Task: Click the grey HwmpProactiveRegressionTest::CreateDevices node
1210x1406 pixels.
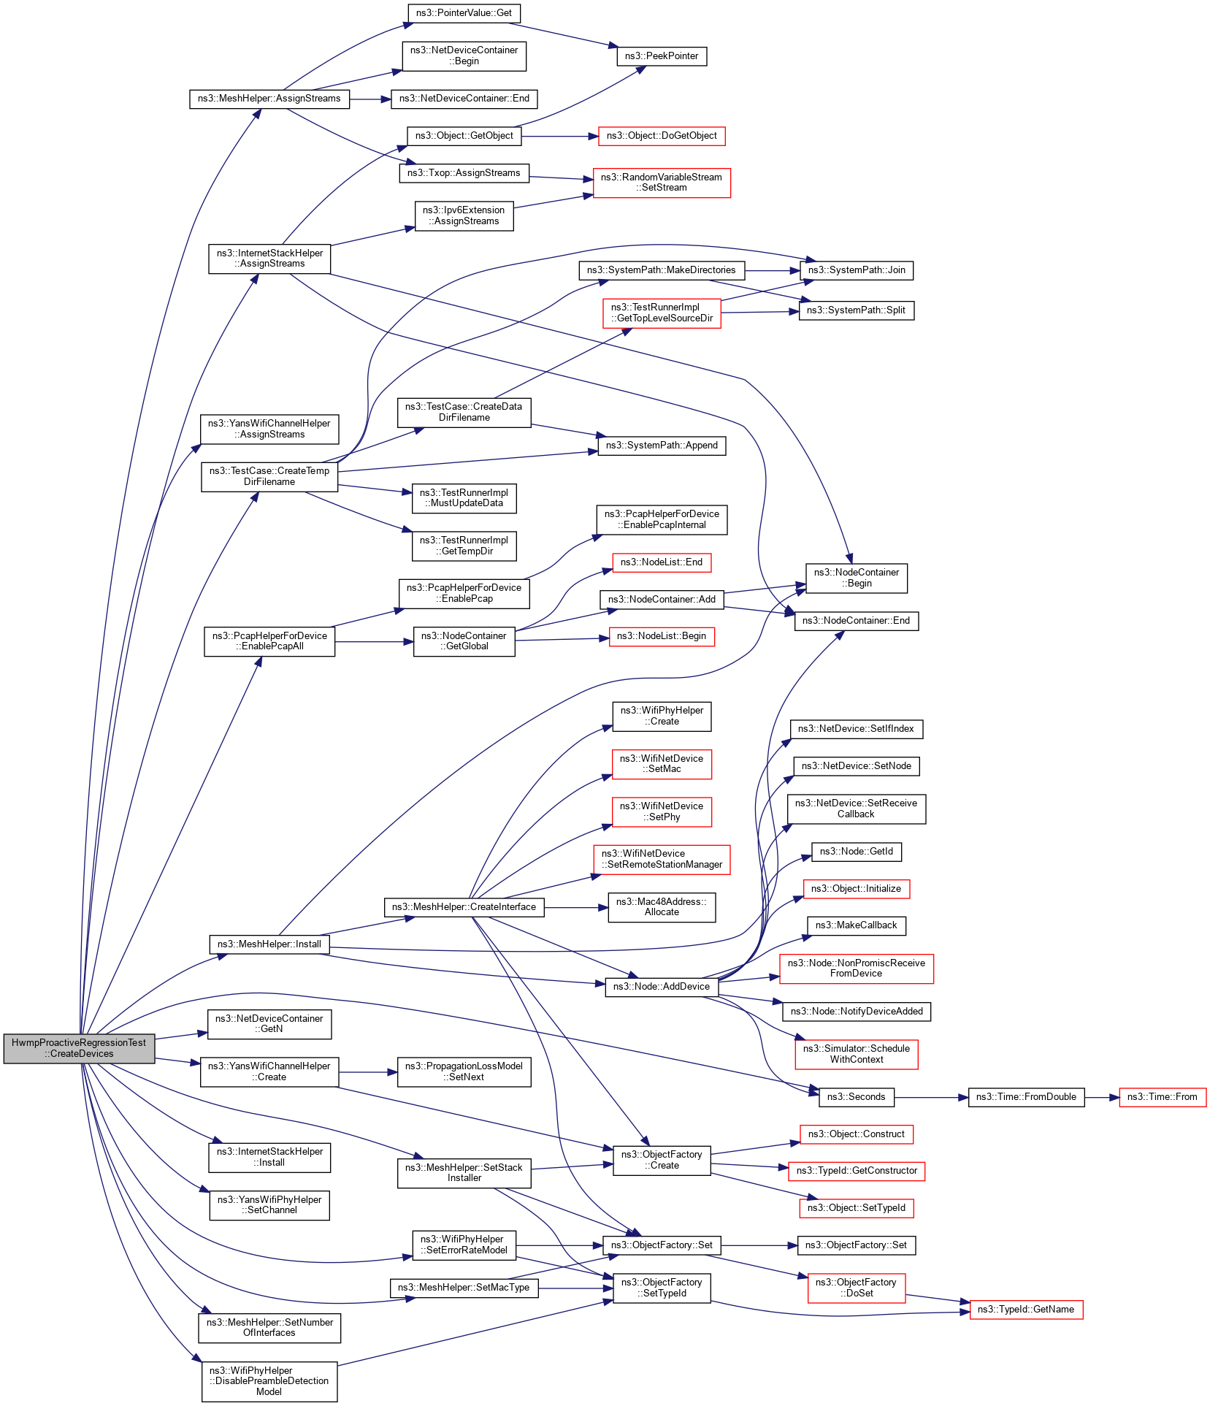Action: (x=79, y=1048)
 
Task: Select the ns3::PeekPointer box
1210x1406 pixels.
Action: (x=662, y=56)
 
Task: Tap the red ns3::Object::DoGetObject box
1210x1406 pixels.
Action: (x=662, y=136)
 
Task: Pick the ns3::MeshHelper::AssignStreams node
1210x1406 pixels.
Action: (x=269, y=99)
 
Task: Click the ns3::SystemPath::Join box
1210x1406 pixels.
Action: (x=856, y=270)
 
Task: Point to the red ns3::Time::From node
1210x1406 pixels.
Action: (x=1162, y=1097)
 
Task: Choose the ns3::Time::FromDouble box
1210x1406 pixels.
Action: (x=1026, y=1097)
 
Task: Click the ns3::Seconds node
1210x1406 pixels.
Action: (x=856, y=1097)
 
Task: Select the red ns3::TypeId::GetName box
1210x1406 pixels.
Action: (x=1025, y=1310)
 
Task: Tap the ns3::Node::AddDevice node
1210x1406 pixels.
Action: (x=662, y=987)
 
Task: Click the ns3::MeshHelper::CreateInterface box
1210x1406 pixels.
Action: (x=464, y=907)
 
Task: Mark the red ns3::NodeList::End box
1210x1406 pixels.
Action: (x=662, y=562)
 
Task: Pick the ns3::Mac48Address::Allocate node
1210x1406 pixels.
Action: (x=662, y=907)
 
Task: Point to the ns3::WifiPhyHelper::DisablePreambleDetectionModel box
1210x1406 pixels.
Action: (x=269, y=1381)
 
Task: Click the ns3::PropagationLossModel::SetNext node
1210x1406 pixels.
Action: (x=464, y=1071)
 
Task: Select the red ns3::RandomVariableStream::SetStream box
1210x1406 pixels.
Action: (x=662, y=183)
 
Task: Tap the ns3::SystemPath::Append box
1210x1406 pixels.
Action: (x=662, y=446)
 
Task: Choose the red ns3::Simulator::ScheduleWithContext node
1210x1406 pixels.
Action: (x=856, y=1054)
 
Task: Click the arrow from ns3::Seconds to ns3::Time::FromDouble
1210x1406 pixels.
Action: (x=931, y=1097)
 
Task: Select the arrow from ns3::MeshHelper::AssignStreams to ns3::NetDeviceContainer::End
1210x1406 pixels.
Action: (x=370, y=99)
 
